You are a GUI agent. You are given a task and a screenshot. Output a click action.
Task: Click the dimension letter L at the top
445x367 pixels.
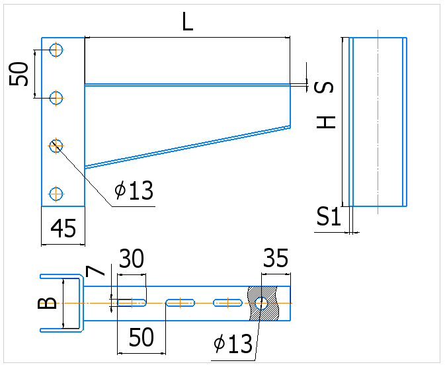(187, 22)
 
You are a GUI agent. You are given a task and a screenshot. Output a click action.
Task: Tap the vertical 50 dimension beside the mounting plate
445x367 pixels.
(19, 74)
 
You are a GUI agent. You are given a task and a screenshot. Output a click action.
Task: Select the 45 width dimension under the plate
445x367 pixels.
(63, 228)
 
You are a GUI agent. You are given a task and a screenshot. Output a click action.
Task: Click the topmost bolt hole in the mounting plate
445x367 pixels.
(56, 50)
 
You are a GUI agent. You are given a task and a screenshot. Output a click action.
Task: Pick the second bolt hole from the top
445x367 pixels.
(56, 98)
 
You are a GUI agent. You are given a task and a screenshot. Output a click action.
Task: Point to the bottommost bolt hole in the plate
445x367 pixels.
(56, 194)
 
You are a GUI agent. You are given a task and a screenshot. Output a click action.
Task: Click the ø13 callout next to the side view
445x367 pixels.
(134, 190)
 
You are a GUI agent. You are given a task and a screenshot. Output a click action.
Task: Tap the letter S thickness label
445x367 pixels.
(324, 87)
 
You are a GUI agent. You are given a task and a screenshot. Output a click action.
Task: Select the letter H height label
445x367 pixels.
(326, 122)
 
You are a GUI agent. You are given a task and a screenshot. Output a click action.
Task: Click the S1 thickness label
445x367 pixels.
(329, 216)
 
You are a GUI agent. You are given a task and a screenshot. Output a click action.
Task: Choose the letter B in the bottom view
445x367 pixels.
(47, 303)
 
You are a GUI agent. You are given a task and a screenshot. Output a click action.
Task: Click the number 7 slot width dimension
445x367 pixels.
(95, 270)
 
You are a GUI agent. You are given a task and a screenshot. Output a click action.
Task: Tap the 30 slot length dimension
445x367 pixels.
(132, 259)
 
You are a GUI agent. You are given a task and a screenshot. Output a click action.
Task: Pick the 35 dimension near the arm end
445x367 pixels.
(276, 258)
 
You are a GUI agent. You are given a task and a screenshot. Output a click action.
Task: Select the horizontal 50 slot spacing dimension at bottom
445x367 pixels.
(141, 337)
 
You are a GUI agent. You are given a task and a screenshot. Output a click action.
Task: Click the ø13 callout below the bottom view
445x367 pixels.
(233, 344)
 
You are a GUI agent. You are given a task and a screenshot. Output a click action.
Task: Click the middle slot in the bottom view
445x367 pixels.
(181, 303)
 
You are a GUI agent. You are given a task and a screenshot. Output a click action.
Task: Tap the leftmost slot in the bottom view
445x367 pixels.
(132, 303)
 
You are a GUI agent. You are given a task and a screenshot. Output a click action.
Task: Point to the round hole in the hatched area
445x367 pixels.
(261, 304)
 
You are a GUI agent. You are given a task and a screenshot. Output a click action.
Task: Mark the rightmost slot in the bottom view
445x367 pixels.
(227, 303)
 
